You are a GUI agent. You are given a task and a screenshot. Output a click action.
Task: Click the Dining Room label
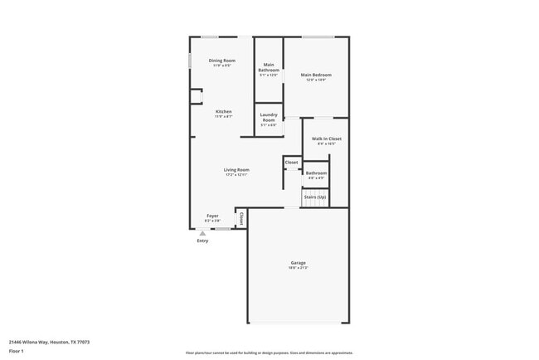tap(221, 61)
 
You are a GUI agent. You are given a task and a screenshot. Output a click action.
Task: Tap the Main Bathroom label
tap(269, 67)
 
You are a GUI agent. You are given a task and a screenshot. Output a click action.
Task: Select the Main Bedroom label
tap(315, 75)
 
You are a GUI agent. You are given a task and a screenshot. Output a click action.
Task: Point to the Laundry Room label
tap(269, 118)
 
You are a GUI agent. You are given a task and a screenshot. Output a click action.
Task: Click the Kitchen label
tap(223, 111)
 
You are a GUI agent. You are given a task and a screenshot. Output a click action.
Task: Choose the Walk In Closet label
tap(326, 139)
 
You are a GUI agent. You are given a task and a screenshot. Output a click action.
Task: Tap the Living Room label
tap(236, 169)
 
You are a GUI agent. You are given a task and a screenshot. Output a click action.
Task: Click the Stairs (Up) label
tap(315, 197)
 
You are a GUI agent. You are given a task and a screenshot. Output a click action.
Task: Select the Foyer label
tap(213, 216)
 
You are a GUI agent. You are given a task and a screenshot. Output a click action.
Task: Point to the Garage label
tap(298, 262)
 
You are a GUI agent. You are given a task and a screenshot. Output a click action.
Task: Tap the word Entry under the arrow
tap(202, 241)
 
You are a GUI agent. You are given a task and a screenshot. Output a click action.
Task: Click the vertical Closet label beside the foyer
tap(240, 218)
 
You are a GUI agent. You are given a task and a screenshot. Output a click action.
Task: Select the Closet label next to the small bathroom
tap(291, 162)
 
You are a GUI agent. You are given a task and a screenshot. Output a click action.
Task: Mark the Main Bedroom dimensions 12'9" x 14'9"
tap(315, 80)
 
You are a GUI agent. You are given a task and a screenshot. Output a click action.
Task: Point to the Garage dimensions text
tap(298, 268)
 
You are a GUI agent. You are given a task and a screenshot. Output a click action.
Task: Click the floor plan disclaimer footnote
tap(269, 352)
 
